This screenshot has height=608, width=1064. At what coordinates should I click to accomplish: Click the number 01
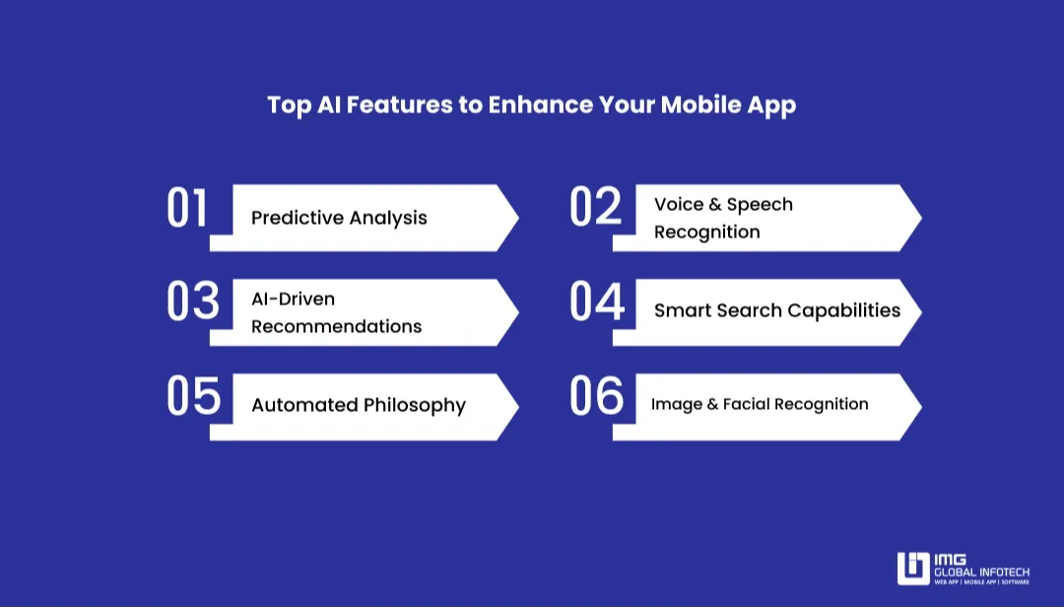(x=187, y=209)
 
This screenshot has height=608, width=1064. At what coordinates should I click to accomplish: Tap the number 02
(x=596, y=208)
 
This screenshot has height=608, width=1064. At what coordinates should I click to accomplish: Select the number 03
(x=192, y=302)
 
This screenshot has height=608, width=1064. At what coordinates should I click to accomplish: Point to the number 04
(x=597, y=303)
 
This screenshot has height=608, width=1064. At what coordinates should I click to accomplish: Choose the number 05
(x=193, y=396)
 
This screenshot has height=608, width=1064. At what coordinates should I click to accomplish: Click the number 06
(x=597, y=396)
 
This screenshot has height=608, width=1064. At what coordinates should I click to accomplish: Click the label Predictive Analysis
(x=339, y=218)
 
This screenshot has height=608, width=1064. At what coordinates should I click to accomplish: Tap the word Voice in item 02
(x=679, y=204)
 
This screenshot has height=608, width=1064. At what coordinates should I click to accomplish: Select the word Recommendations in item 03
(x=336, y=326)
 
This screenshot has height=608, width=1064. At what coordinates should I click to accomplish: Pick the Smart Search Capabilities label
(x=776, y=310)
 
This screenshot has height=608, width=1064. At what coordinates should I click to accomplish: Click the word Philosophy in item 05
(x=414, y=405)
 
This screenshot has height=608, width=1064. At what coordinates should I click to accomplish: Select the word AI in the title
(x=328, y=105)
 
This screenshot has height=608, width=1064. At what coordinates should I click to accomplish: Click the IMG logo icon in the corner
(x=912, y=568)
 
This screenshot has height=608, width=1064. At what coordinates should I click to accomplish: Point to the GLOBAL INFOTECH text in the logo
(x=981, y=572)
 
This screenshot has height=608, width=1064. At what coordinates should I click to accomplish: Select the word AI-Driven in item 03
(x=293, y=299)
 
